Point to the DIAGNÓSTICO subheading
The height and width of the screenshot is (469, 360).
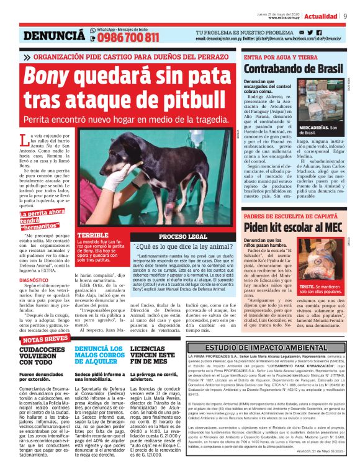pyautogui.click(x=34, y=280)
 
